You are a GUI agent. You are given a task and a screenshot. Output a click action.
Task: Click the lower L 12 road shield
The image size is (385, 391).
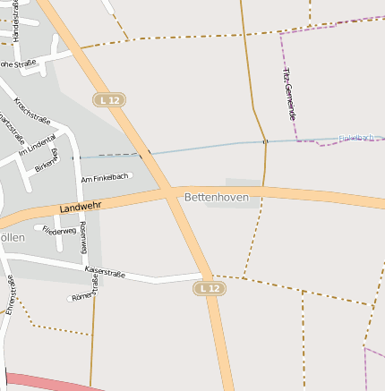[209, 288]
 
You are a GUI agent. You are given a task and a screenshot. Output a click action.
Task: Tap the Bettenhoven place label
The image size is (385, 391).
[217, 196]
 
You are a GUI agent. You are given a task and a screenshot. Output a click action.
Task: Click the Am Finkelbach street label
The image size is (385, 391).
[105, 179]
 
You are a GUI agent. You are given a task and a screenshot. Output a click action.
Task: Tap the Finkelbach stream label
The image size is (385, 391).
[356, 138]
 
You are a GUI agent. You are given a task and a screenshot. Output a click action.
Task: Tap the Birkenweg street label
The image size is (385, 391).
[46, 160]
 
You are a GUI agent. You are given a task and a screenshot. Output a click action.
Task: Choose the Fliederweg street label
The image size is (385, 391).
[59, 230]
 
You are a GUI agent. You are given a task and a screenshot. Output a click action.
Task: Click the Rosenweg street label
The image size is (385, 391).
[83, 240]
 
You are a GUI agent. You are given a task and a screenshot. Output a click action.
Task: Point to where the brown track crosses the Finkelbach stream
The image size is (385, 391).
[265, 141]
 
